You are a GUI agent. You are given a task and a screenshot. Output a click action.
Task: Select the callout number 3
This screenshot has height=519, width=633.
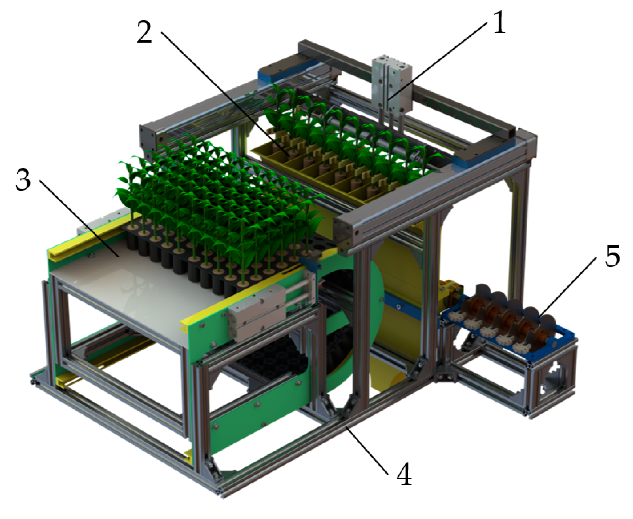tap(23, 180)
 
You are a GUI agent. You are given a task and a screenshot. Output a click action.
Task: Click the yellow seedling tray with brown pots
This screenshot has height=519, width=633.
tap(324, 173)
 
